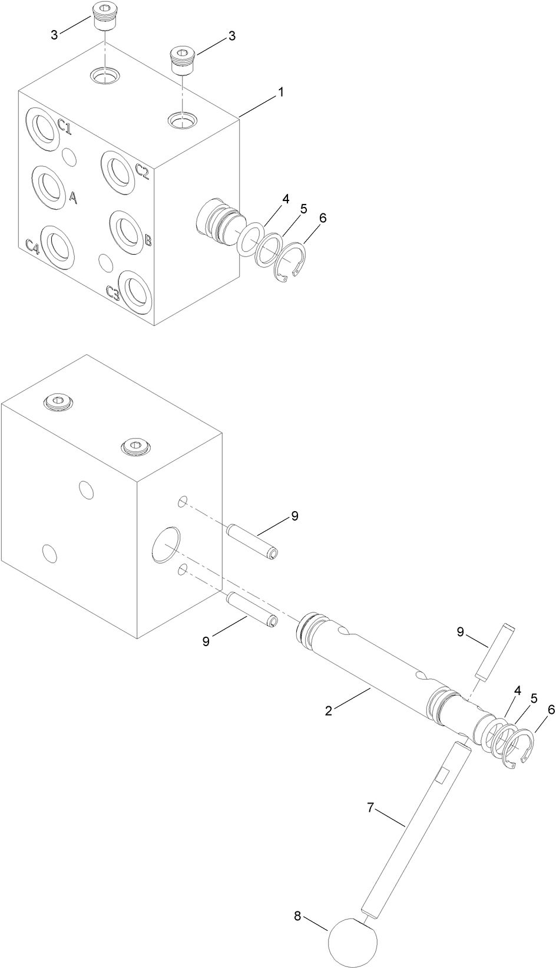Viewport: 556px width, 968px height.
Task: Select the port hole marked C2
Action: pyautogui.click(x=118, y=171)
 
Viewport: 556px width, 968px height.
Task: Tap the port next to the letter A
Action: pyautogui.click(x=48, y=187)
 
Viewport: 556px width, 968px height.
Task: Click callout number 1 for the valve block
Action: pyautogui.click(x=281, y=93)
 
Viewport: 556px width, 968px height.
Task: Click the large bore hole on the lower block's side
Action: pyautogui.click(x=164, y=544)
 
